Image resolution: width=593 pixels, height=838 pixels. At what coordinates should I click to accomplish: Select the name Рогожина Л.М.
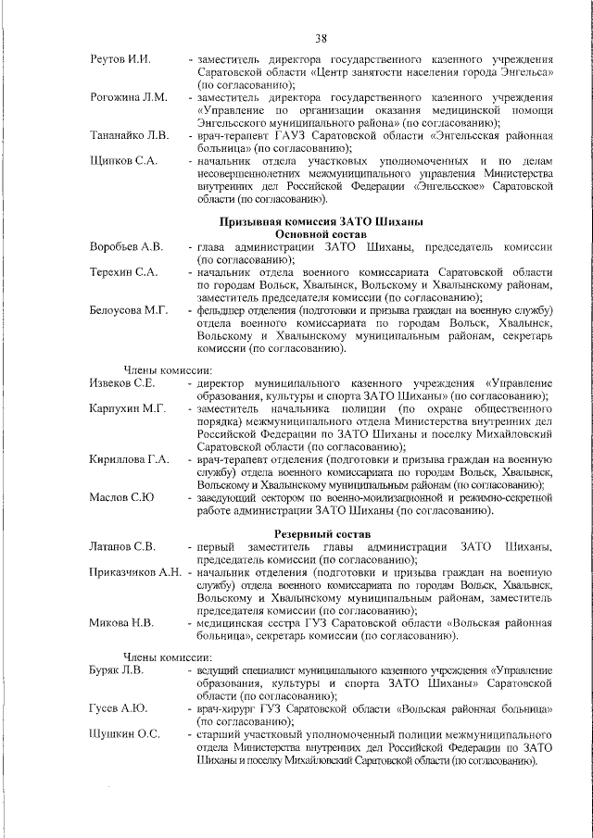(x=129, y=97)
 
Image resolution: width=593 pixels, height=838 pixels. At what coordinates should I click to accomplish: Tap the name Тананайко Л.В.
(x=129, y=135)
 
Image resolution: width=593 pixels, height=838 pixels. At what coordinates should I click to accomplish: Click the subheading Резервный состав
(x=322, y=534)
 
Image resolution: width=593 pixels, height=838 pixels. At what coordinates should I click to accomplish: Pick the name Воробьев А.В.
(x=126, y=247)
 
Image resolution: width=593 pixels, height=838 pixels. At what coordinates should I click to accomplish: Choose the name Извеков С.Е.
(x=122, y=383)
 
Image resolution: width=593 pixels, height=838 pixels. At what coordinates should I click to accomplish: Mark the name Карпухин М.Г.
(x=127, y=408)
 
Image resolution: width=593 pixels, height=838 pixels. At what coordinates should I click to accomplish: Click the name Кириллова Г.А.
(x=129, y=459)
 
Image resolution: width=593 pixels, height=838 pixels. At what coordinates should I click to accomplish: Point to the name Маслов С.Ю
(x=121, y=497)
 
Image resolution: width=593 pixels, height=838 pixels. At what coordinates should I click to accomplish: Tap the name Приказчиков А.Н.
(x=135, y=573)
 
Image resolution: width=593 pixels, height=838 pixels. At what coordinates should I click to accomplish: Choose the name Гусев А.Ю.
(x=118, y=708)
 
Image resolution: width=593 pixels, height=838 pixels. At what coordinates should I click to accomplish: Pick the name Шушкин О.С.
(x=123, y=734)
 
